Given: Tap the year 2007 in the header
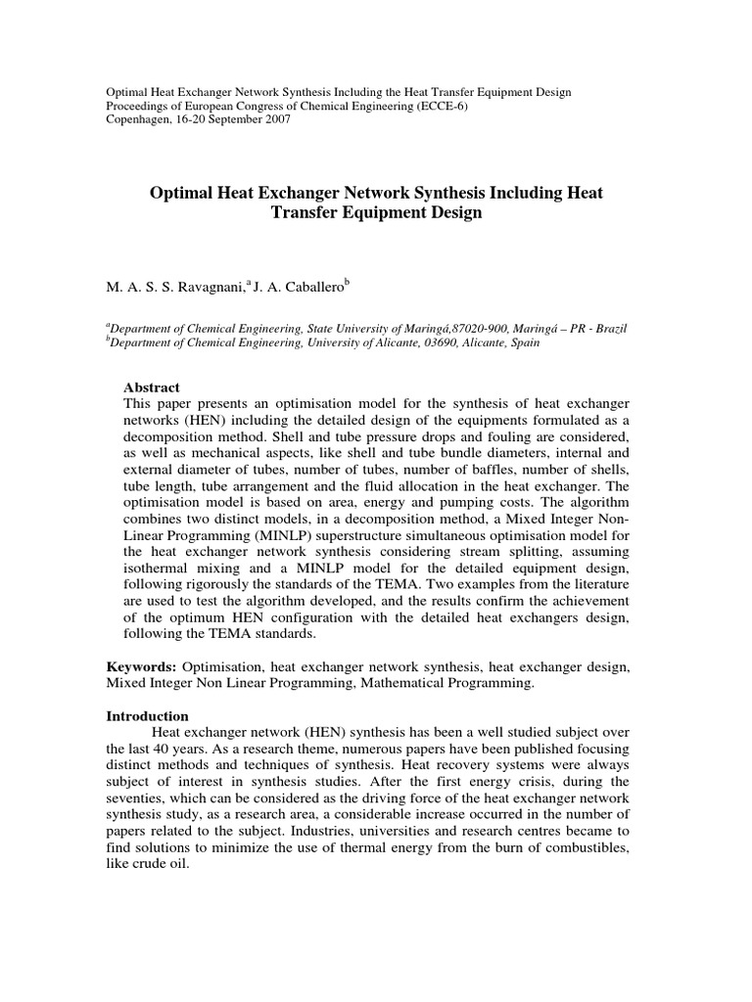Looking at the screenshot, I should [273, 119].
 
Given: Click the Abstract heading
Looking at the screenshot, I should [153, 387].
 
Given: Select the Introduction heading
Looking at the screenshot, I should [148, 715].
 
